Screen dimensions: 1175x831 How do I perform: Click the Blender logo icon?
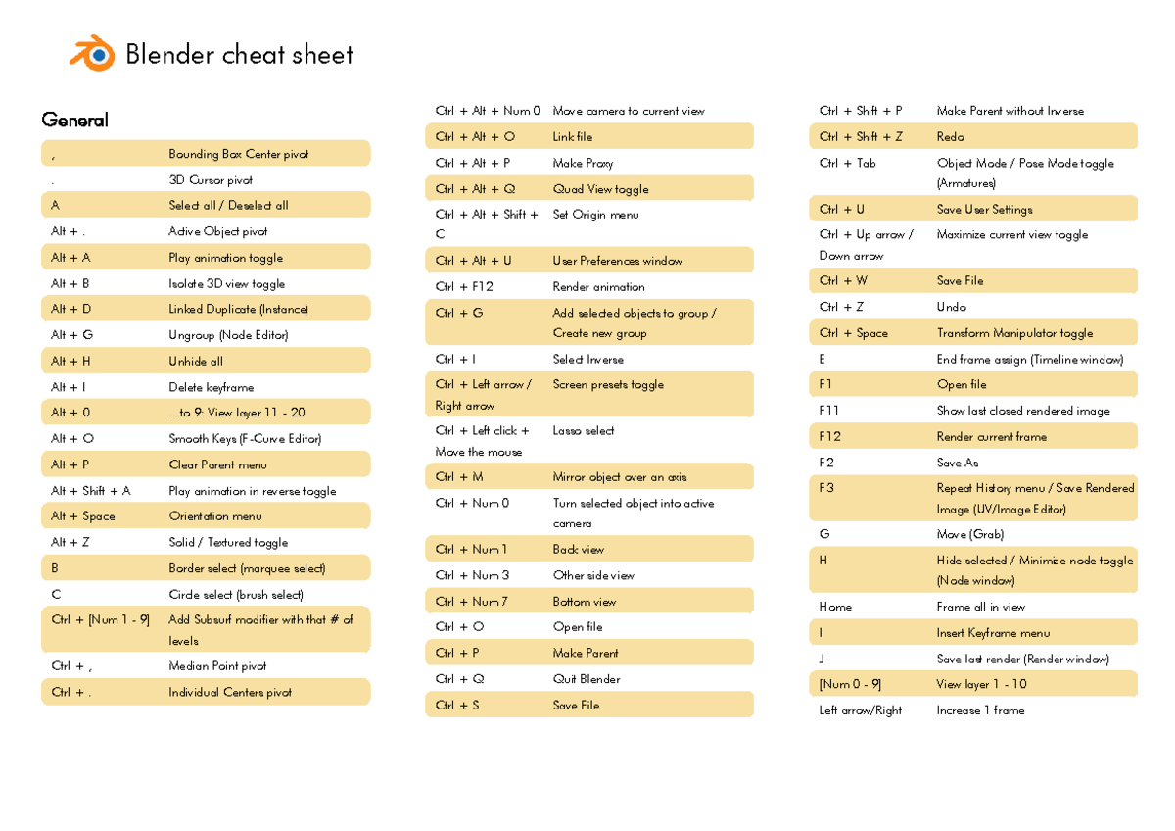(x=92, y=53)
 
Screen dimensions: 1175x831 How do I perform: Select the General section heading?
(x=74, y=120)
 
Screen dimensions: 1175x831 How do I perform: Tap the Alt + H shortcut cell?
(x=70, y=361)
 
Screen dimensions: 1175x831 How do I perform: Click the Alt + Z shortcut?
(x=70, y=542)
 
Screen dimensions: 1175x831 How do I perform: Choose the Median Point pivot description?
(x=217, y=666)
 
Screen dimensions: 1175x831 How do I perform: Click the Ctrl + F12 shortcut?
(x=464, y=287)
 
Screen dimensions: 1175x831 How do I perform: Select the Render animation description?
(x=598, y=287)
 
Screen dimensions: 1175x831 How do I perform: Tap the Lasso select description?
(x=584, y=430)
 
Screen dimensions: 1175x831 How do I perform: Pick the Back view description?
(x=578, y=549)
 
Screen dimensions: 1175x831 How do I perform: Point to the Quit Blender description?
(x=586, y=679)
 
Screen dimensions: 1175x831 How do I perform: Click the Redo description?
(x=950, y=137)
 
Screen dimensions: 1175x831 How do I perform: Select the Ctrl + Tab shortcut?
(x=847, y=163)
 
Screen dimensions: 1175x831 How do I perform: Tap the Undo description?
(x=951, y=307)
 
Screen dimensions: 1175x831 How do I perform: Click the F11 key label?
(x=828, y=411)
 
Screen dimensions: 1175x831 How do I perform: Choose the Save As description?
(x=957, y=463)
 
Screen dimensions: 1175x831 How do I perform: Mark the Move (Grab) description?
(x=969, y=534)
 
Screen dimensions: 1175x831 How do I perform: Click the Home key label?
(x=835, y=607)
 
